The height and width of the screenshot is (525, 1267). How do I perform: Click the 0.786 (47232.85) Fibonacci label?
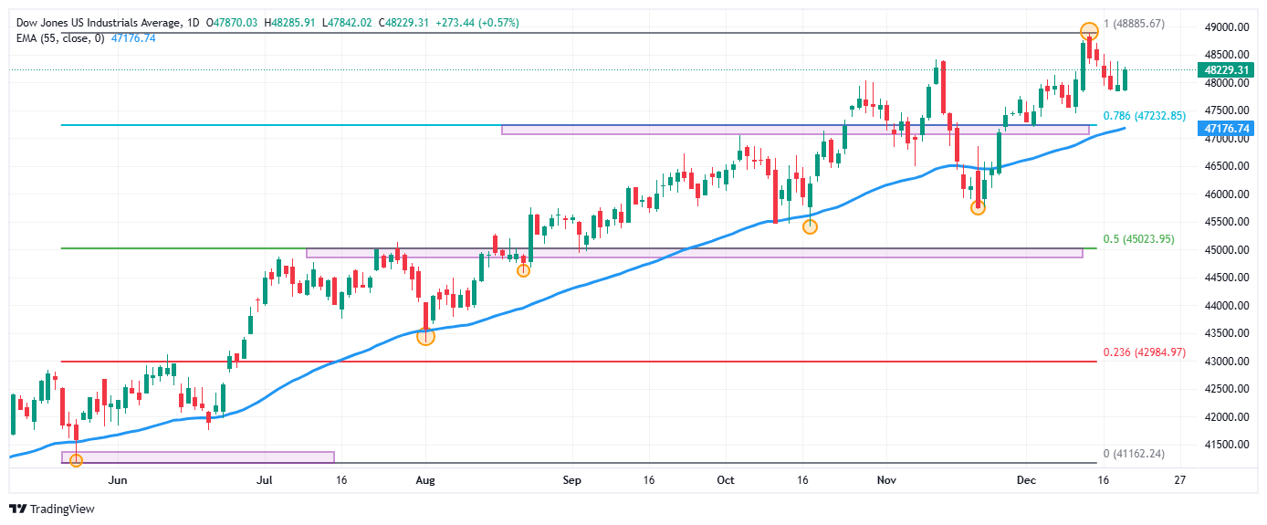(x=1144, y=116)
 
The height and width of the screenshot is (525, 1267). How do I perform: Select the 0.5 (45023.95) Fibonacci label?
(x=1138, y=239)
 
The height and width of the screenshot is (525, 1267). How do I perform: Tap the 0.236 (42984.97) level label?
(x=1144, y=352)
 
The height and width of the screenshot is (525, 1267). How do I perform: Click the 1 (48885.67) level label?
(x=1133, y=23)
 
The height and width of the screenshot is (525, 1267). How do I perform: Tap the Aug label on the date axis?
(x=424, y=479)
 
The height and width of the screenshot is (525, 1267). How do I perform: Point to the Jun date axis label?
(x=117, y=479)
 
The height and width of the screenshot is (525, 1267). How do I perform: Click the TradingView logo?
(x=53, y=509)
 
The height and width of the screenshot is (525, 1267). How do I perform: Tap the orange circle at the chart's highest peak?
(x=1088, y=31)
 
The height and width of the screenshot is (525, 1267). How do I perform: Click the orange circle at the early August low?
(x=425, y=337)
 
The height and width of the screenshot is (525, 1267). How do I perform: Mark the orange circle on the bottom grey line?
(x=76, y=460)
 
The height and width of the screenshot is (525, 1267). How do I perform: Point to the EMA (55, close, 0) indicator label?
(x=58, y=38)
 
